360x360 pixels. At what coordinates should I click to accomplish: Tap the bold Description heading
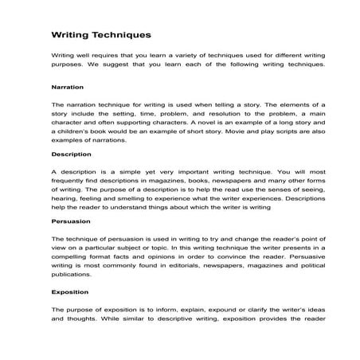pos(70,154)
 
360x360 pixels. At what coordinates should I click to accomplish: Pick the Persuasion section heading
pos(70,221)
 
